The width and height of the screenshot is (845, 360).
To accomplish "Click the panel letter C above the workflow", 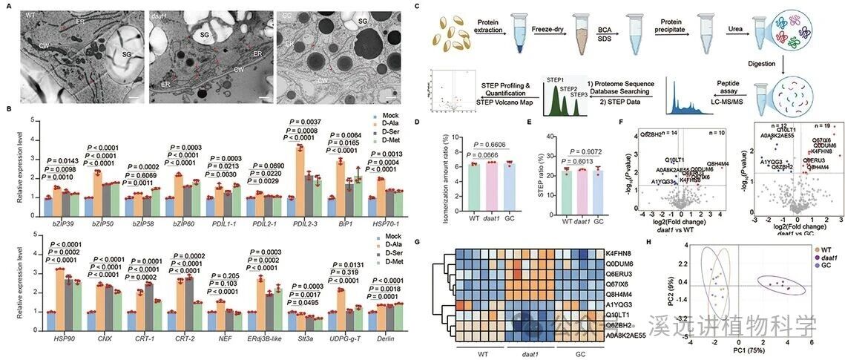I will pyautogui.click(x=418, y=7).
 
